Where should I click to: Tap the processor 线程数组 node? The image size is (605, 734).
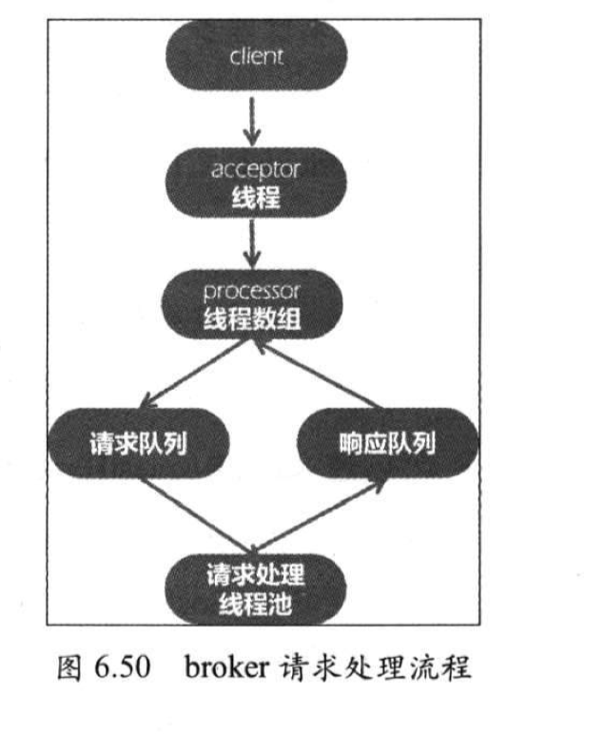(254, 305)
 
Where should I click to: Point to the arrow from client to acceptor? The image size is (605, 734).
(253, 119)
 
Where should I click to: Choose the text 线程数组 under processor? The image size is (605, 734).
(254, 320)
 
